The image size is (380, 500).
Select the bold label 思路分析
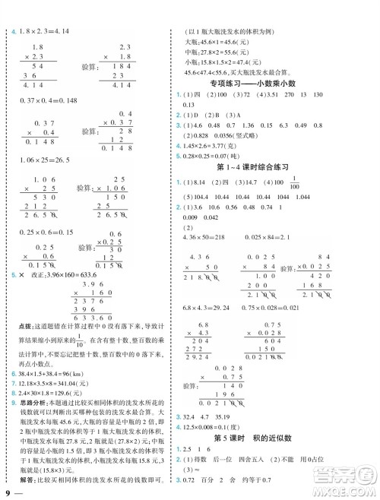pos(33,422)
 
